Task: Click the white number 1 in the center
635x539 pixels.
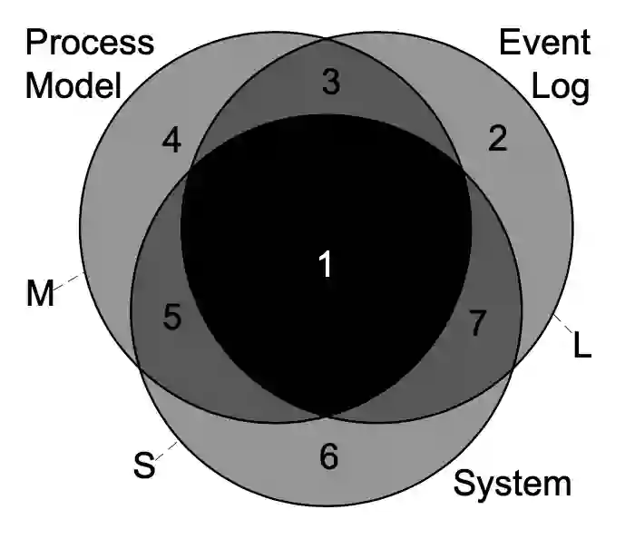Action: pos(325,264)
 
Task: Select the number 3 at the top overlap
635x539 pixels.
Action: pos(330,83)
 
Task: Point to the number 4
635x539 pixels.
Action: pos(172,141)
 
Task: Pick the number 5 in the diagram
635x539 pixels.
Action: pos(172,317)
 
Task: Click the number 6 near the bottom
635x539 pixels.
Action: pos(328,456)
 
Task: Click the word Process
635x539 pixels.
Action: pos(90,43)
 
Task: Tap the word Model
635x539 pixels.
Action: pos(73,86)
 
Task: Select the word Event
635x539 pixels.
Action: pos(544,43)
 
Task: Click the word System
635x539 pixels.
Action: pos(513,484)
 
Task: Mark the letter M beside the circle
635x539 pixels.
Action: pos(40,294)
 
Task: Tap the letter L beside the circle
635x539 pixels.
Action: pos(582,345)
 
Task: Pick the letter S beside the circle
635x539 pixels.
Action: pos(143,466)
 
